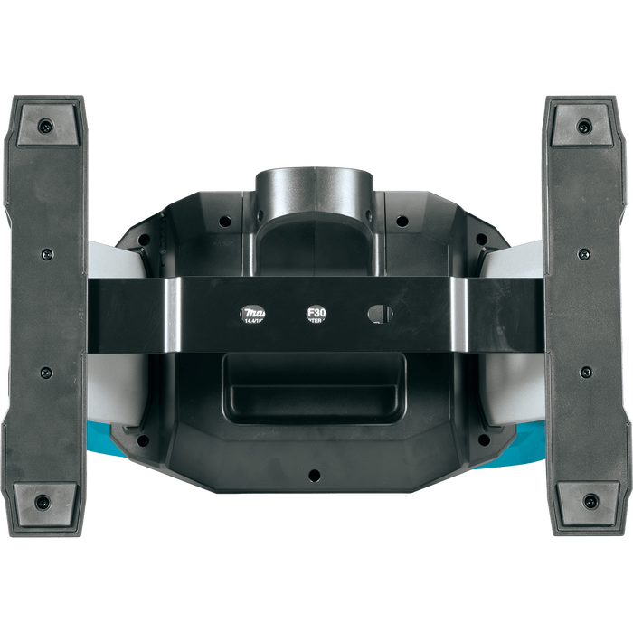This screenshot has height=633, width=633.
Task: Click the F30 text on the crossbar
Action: tap(316, 314)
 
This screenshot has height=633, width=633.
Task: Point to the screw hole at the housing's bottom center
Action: tap(314, 474)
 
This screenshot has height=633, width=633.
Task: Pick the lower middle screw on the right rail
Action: tap(585, 372)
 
